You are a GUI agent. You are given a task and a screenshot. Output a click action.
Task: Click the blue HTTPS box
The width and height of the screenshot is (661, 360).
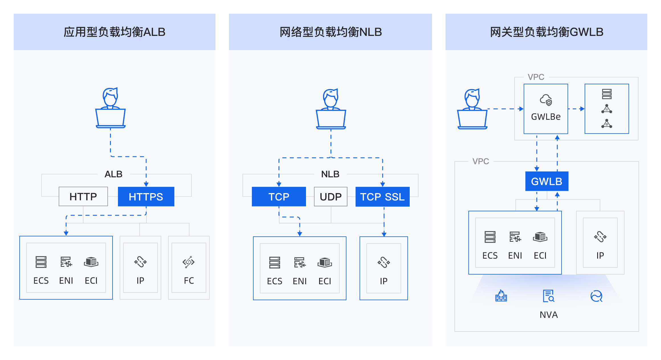pos(146,197)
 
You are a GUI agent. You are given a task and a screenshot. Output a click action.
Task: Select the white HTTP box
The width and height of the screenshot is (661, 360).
pos(83,197)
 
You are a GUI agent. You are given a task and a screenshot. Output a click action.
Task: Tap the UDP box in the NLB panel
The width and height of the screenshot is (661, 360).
pos(330,197)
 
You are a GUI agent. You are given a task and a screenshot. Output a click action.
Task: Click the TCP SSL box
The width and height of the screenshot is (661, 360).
pos(382,197)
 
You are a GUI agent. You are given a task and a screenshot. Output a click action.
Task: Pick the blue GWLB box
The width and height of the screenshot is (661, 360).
pos(546,181)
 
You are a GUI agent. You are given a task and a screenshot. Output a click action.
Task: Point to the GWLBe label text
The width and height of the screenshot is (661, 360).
pos(546,117)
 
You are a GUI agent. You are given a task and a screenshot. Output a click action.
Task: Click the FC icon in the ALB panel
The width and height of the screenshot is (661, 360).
pos(189,262)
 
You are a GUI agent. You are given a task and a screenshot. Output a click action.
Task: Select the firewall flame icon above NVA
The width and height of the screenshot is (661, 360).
pos(501,296)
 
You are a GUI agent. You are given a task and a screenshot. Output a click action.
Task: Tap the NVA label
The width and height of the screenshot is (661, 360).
pos(548,315)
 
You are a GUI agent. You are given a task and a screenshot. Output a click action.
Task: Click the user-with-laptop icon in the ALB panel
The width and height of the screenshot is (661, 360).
pos(111,108)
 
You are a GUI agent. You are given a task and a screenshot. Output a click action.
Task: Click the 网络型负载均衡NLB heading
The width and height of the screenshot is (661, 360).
pos(330,32)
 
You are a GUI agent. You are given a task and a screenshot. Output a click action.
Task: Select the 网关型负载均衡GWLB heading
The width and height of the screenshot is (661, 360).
pos(546,32)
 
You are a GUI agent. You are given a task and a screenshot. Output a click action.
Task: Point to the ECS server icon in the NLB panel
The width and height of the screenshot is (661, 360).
pos(274,263)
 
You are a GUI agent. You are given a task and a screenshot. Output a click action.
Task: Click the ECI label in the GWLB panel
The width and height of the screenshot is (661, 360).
pos(540,255)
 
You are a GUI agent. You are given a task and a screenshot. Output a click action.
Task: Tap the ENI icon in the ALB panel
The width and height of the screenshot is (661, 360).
pos(66,262)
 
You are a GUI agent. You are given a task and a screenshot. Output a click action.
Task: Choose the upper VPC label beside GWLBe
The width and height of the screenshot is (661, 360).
pos(536,77)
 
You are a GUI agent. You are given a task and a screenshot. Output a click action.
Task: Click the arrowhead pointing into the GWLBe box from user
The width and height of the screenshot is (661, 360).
pos(521,109)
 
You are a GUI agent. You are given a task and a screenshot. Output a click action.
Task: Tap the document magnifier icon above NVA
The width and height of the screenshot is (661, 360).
pos(548,296)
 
